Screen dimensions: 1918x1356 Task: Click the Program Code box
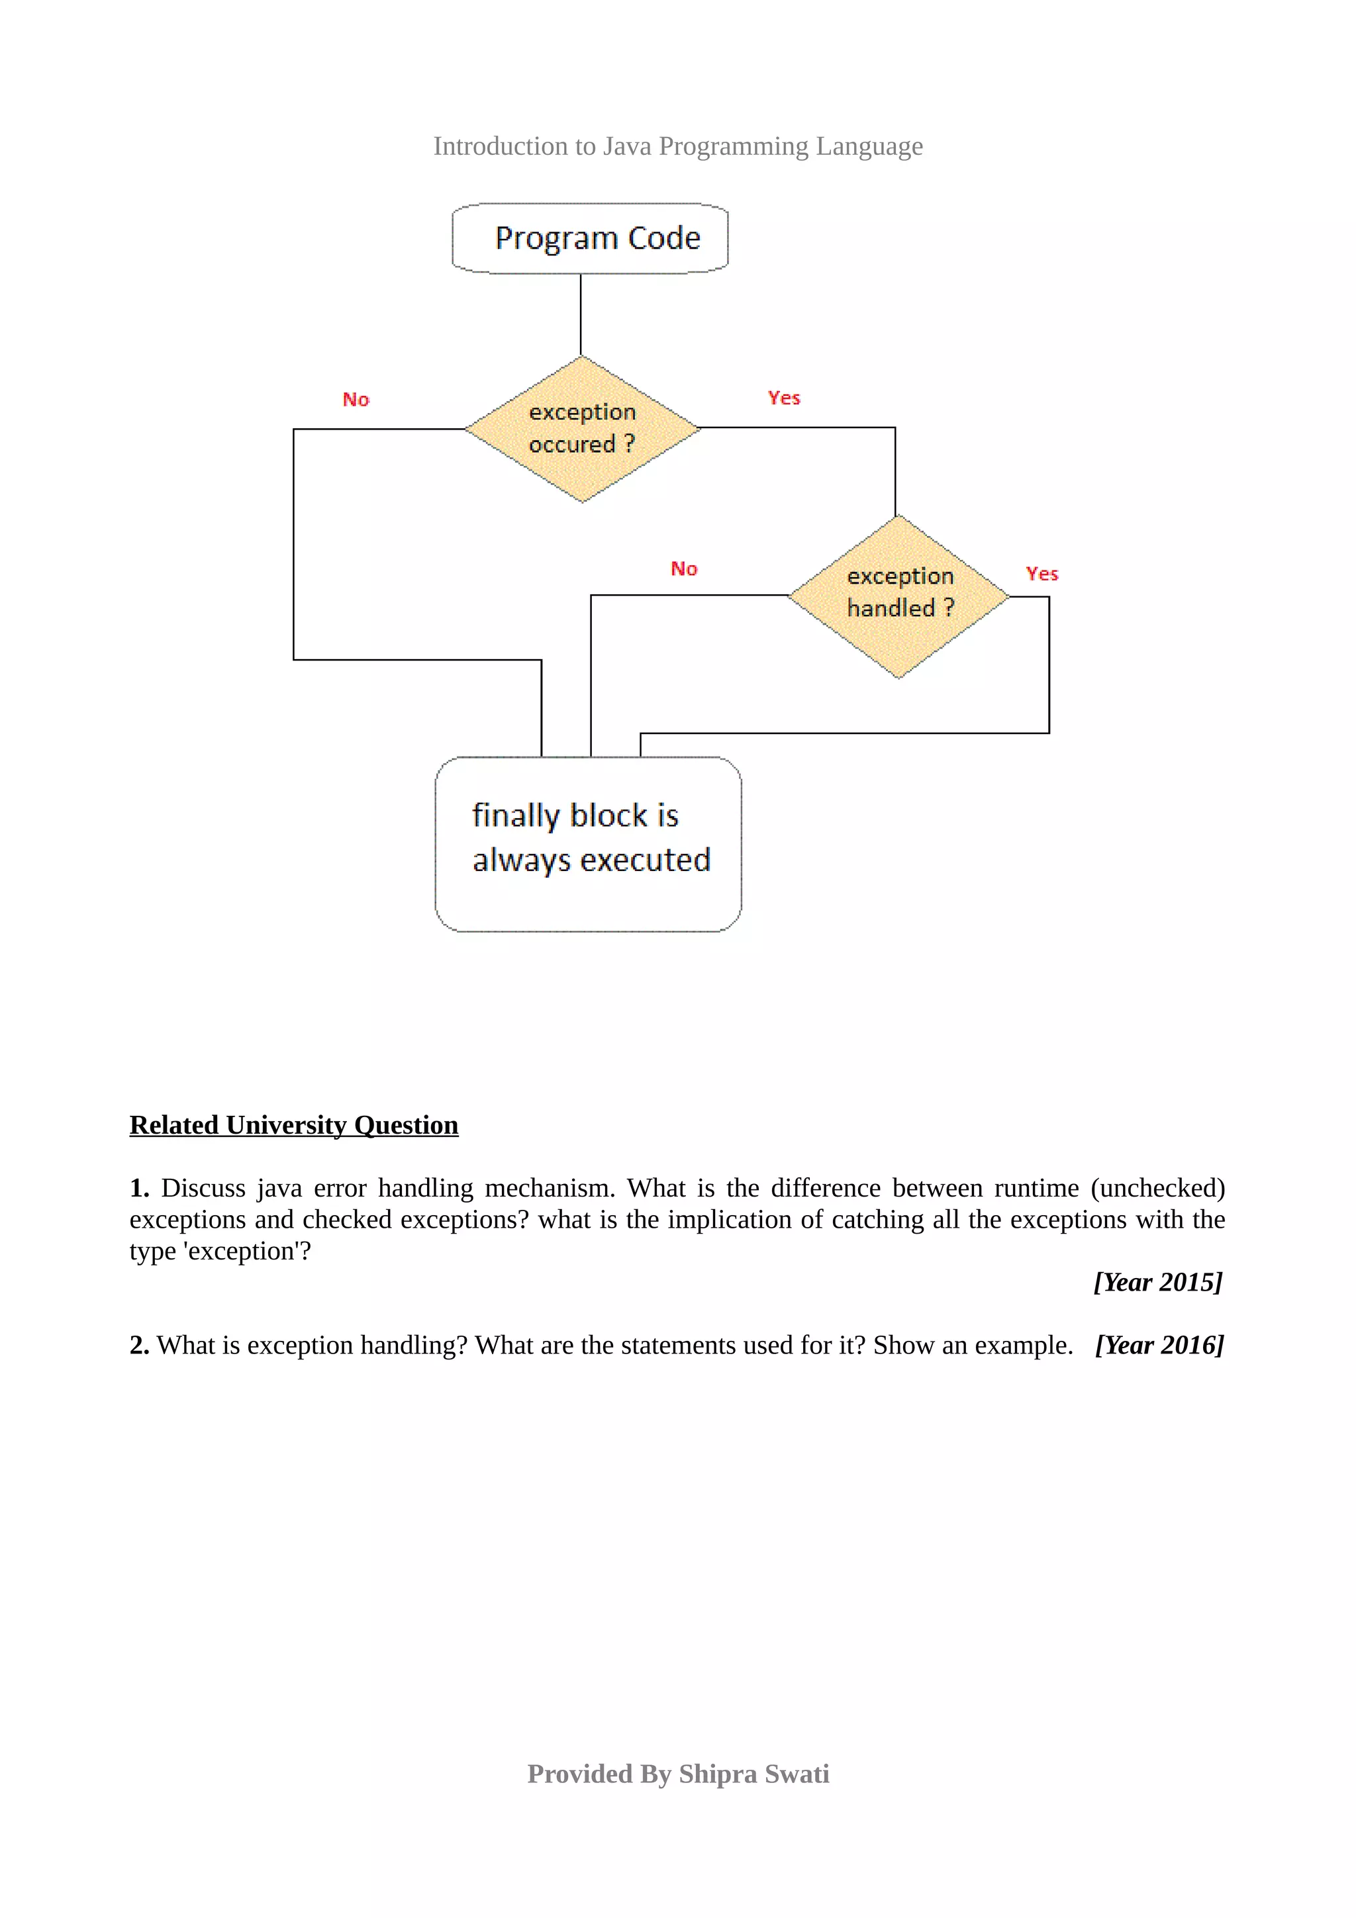(x=590, y=238)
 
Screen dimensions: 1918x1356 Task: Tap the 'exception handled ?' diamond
(x=899, y=596)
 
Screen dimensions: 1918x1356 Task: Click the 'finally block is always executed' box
(x=588, y=844)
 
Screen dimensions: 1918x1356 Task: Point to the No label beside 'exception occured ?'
(x=356, y=399)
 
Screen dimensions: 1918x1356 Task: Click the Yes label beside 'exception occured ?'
(x=784, y=398)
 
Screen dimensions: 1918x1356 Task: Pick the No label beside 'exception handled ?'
(x=683, y=569)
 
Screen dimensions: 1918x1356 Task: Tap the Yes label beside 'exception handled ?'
(x=1042, y=574)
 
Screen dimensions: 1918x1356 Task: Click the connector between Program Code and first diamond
(x=581, y=315)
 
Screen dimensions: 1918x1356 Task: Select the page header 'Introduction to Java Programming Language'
(x=677, y=146)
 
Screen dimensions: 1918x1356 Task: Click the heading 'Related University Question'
(x=294, y=1125)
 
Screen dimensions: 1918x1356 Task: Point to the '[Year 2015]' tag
(x=1158, y=1281)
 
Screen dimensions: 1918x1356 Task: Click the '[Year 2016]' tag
(x=1159, y=1345)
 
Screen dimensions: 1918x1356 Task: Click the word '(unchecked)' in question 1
(x=1157, y=1188)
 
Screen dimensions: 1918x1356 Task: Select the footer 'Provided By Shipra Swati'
(x=677, y=1774)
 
